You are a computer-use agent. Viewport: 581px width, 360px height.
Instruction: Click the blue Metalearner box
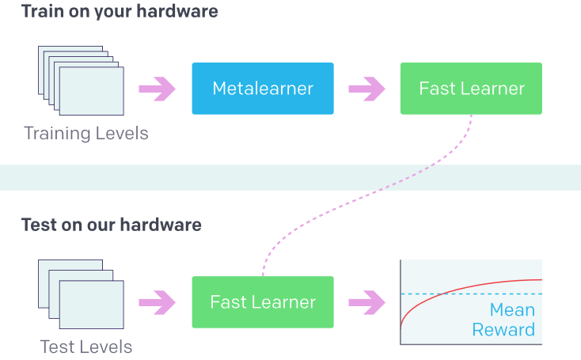pyautogui.click(x=263, y=89)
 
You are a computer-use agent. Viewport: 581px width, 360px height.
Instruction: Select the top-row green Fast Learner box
pyautogui.click(x=471, y=89)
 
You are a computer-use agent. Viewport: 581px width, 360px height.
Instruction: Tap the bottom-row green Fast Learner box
pyautogui.click(x=263, y=302)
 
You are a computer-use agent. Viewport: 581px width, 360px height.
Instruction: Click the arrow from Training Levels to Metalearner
pyautogui.click(x=157, y=89)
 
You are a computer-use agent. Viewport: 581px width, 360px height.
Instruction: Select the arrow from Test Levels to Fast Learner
pyautogui.click(x=157, y=302)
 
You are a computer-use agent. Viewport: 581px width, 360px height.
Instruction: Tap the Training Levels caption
pyautogui.click(x=86, y=133)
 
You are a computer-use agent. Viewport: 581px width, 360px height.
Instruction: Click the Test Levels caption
pyautogui.click(x=86, y=347)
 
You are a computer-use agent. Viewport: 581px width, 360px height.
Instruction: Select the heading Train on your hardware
pyautogui.click(x=120, y=12)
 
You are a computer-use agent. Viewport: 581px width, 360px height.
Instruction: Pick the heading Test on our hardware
pyautogui.click(x=111, y=225)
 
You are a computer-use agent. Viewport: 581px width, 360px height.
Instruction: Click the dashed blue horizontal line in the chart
pyautogui.click(x=420, y=294)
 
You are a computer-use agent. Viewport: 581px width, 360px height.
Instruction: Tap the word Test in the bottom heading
pyautogui.click(x=38, y=225)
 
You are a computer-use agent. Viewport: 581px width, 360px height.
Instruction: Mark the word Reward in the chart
pyautogui.click(x=503, y=329)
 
